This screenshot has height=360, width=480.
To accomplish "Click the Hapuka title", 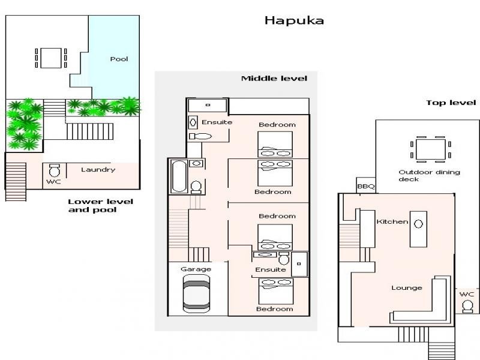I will (x=294, y=20).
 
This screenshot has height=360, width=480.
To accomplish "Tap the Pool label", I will (x=119, y=59).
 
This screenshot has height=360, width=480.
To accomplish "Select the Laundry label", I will (x=98, y=169).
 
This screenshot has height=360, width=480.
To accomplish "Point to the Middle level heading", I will (x=274, y=78).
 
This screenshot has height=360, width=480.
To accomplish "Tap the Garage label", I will (x=196, y=269).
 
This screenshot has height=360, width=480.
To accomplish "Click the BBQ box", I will (x=365, y=187).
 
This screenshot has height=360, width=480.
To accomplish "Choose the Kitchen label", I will (x=392, y=222).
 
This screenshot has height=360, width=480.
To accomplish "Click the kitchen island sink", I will (x=419, y=224).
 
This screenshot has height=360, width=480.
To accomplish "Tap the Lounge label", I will (x=407, y=288).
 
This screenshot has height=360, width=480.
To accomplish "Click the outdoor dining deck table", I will (x=430, y=149).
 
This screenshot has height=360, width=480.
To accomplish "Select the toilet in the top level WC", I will (x=467, y=307).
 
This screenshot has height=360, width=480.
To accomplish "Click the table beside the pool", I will (x=50, y=58).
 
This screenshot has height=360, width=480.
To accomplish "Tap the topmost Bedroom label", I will (x=277, y=125).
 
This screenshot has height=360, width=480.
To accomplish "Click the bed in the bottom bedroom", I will (x=275, y=293).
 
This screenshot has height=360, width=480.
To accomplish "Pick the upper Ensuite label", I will (x=217, y=122).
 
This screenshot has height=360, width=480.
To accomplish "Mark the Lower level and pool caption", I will (x=100, y=206).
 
